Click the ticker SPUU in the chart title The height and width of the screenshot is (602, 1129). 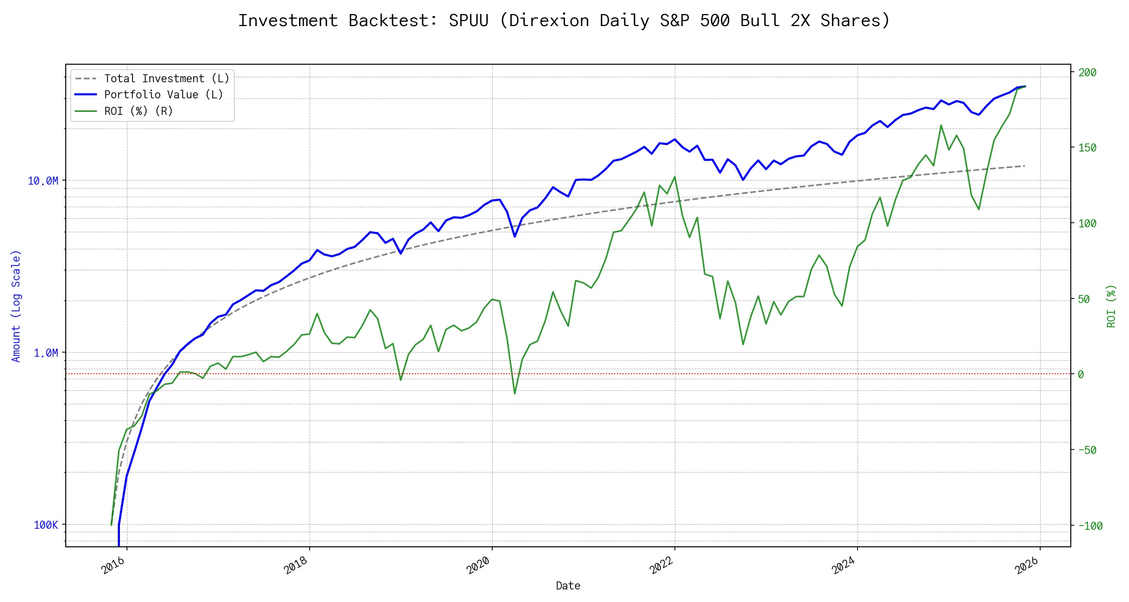(x=468, y=21)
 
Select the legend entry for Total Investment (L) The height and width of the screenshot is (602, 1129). (x=167, y=79)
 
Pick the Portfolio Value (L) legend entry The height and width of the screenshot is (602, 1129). (x=164, y=95)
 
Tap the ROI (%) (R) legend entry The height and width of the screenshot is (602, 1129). (x=138, y=111)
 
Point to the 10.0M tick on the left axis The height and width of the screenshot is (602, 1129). (x=43, y=181)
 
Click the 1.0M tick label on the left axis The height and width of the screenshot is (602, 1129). (x=46, y=353)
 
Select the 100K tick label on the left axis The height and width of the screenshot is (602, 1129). (x=46, y=525)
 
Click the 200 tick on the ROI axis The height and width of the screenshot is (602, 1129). (x=1087, y=73)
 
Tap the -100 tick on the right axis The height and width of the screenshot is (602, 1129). (x=1090, y=526)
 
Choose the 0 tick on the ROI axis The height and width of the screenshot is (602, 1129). (x=1081, y=374)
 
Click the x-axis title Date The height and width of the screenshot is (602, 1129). (x=568, y=586)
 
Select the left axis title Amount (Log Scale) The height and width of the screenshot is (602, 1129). (x=16, y=306)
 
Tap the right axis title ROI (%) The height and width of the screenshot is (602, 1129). (x=1111, y=306)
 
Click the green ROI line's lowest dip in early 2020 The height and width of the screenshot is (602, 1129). (x=515, y=393)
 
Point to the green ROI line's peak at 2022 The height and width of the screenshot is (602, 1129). (x=675, y=177)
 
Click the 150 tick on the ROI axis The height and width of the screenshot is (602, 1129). (x=1087, y=148)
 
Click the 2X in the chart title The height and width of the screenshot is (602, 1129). (x=800, y=21)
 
